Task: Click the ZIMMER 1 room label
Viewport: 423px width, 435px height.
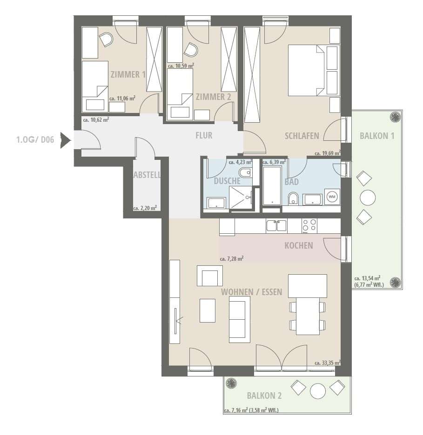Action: tap(128, 74)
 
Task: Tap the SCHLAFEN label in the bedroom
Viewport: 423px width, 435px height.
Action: tap(302, 136)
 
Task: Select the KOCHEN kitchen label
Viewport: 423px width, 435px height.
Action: tap(299, 245)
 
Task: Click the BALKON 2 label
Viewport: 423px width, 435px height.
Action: tap(264, 395)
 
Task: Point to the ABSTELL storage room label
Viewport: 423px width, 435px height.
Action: tap(147, 175)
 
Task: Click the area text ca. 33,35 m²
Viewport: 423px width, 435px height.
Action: tap(328, 363)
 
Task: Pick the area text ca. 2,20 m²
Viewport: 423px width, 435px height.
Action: tap(145, 208)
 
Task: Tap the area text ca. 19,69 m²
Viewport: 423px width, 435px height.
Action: tap(328, 153)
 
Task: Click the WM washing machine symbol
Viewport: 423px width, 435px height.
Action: tap(332, 197)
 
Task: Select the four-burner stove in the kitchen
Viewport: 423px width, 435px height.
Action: tap(309, 225)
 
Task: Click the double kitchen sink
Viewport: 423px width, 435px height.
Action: tap(276, 225)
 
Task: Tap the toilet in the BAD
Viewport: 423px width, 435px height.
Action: tap(293, 198)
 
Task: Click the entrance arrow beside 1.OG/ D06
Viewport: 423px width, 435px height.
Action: tap(66, 140)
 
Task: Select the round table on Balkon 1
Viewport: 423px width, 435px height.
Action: tap(368, 198)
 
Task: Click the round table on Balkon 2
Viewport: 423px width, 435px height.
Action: tap(318, 391)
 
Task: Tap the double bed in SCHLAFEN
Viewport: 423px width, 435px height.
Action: tap(306, 71)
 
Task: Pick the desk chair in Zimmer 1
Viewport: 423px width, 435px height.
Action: tap(106, 40)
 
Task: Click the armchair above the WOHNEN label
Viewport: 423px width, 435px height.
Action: tap(210, 276)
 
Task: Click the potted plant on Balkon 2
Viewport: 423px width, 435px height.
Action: tap(231, 384)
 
